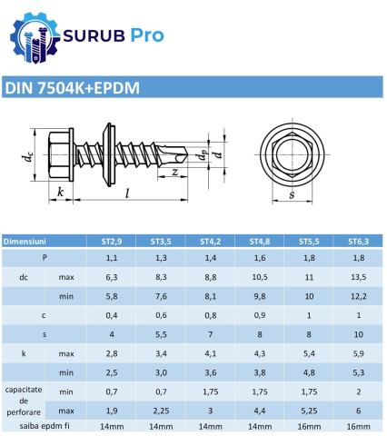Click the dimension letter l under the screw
coord(126,193)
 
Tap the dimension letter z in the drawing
coord(173,171)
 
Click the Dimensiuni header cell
coord(31,242)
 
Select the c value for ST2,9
coord(112,315)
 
